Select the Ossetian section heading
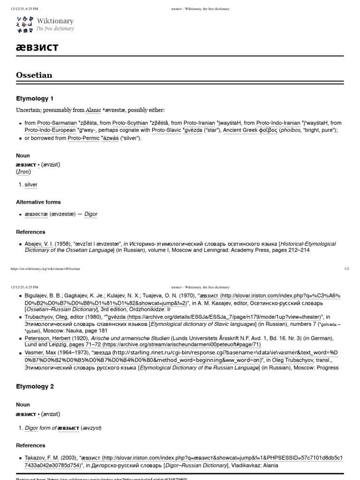[34, 75]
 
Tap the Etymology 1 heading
[35, 98]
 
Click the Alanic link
[93, 110]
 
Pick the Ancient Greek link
[240, 130]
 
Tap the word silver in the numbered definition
[31, 185]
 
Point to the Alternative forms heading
[38, 202]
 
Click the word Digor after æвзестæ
[91, 214]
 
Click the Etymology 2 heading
[35, 387]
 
